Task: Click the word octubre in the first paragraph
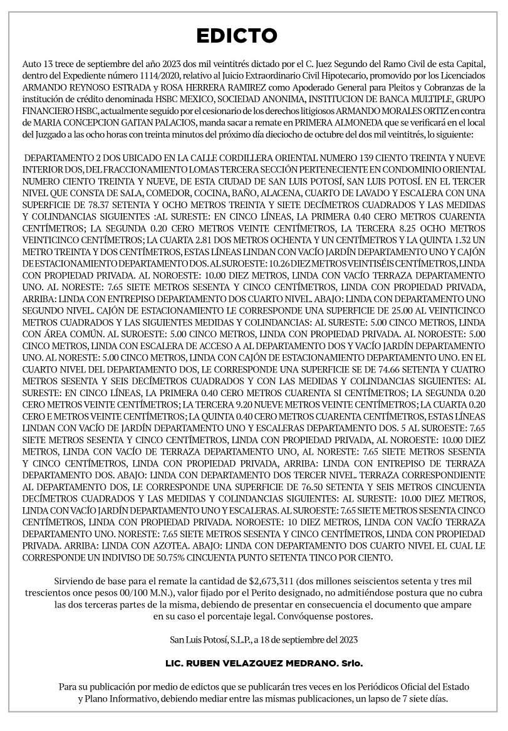[x=327, y=131]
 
